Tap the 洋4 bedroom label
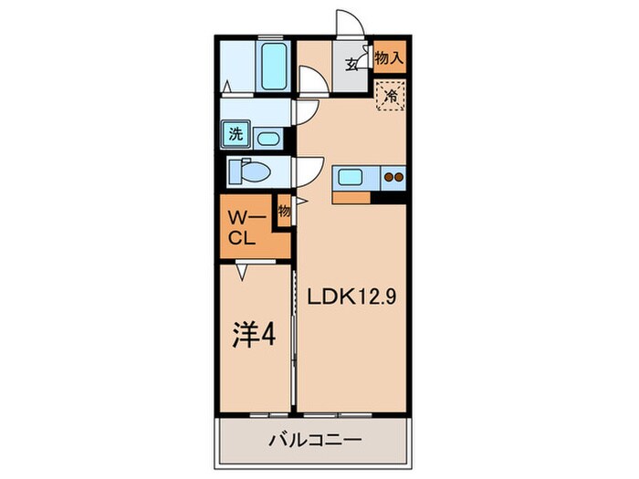click(x=256, y=333)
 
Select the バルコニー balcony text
click(x=315, y=440)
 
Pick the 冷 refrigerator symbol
click(x=391, y=95)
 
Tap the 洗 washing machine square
click(x=236, y=134)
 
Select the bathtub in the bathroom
click(x=272, y=64)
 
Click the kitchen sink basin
click(x=351, y=177)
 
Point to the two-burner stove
click(x=394, y=178)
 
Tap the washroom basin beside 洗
click(x=267, y=139)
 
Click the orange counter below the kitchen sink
click(x=353, y=195)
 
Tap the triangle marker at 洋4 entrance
click(x=243, y=270)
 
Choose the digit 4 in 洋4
click(x=270, y=333)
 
